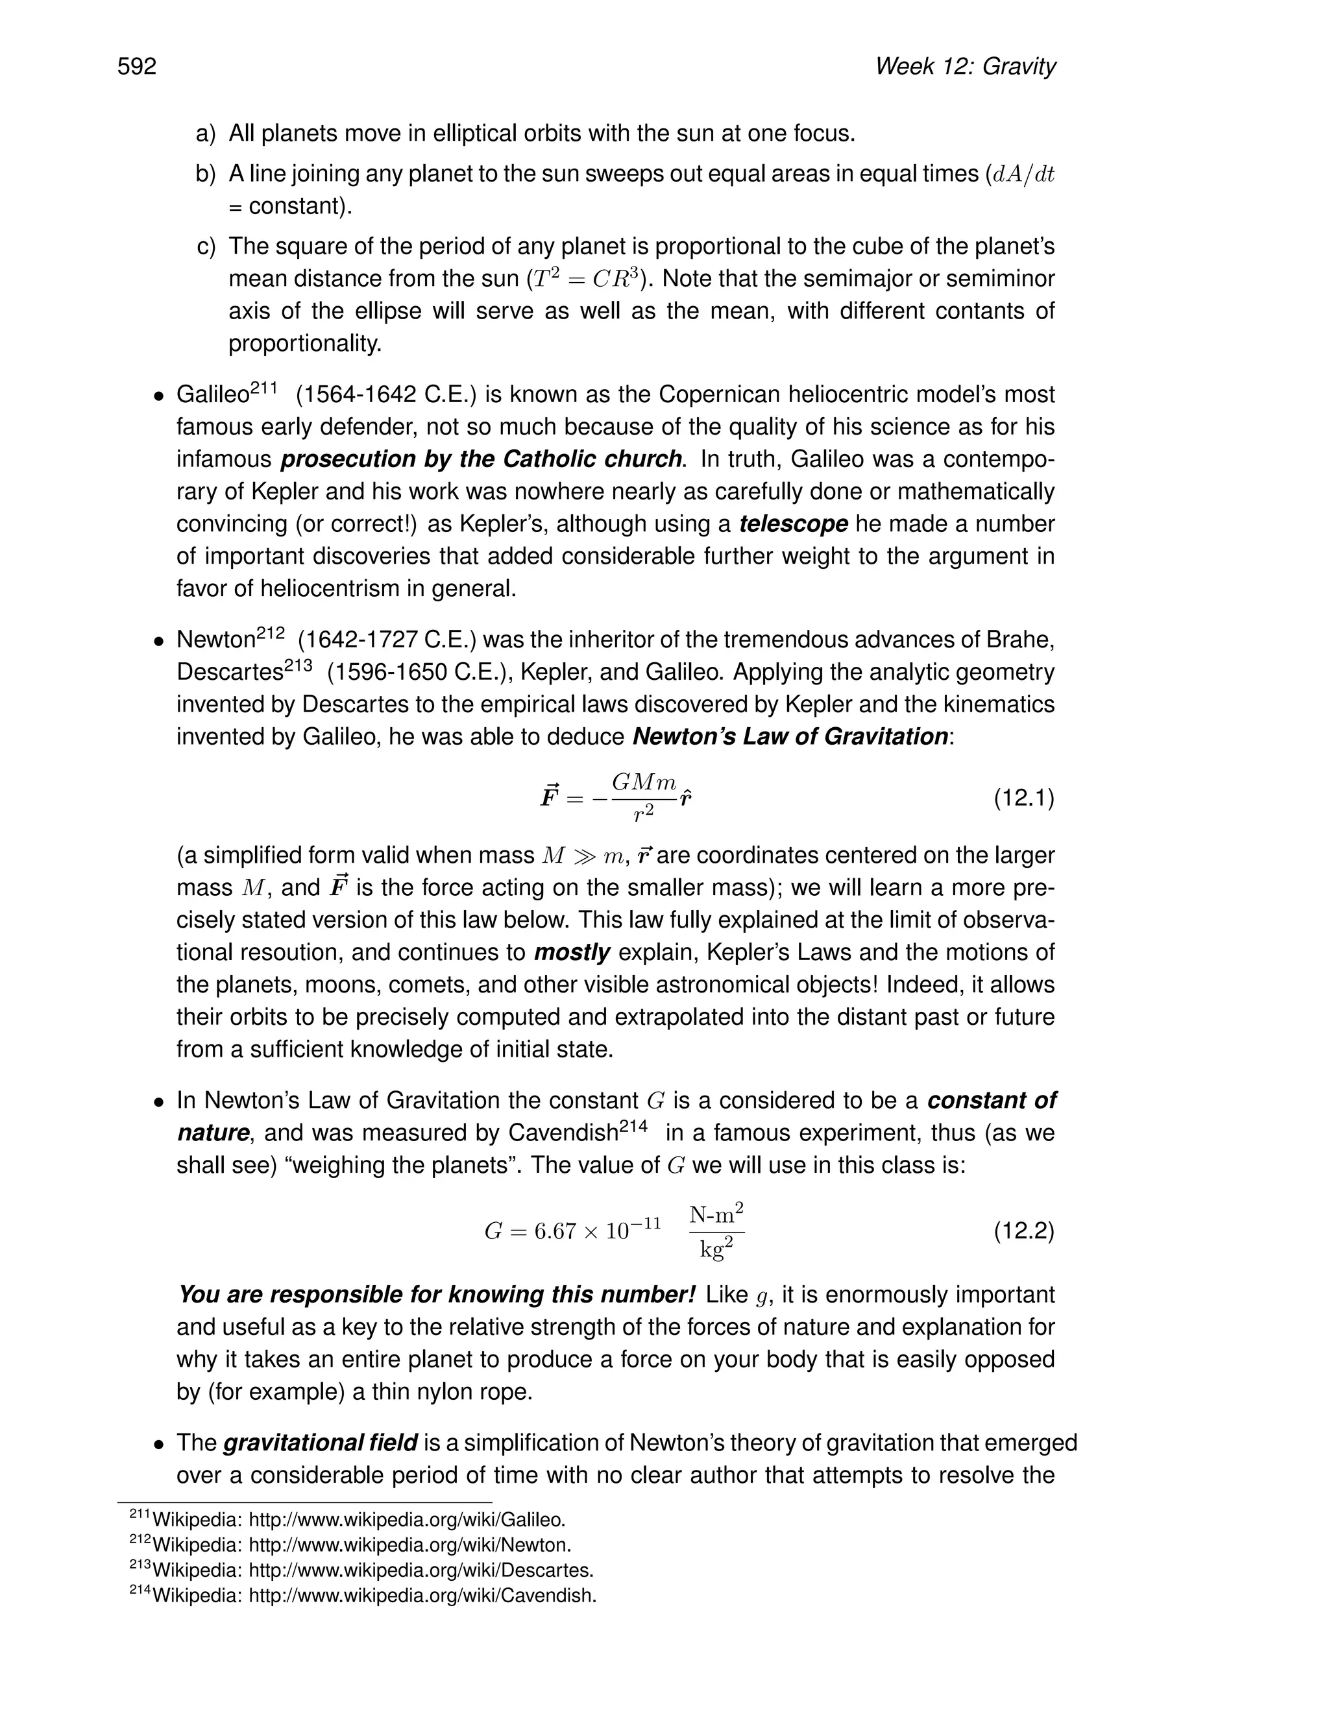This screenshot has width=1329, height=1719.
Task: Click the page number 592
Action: tap(137, 66)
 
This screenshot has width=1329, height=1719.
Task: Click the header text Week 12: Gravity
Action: tap(964, 66)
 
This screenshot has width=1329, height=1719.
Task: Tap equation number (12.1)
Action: tap(1023, 798)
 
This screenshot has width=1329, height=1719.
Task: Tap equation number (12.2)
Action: tap(1023, 1230)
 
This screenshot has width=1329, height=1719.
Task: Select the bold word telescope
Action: tap(793, 523)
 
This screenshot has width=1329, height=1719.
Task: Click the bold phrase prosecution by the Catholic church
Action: tap(481, 459)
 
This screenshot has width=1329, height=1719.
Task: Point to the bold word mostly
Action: tap(572, 952)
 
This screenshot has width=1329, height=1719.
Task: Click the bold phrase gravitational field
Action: tap(321, 1443)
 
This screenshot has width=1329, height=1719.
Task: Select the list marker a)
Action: tap(206, 134)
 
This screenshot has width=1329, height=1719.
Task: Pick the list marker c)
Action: tap(206, 247)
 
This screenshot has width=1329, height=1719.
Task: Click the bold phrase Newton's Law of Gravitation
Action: tap(790, 737)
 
